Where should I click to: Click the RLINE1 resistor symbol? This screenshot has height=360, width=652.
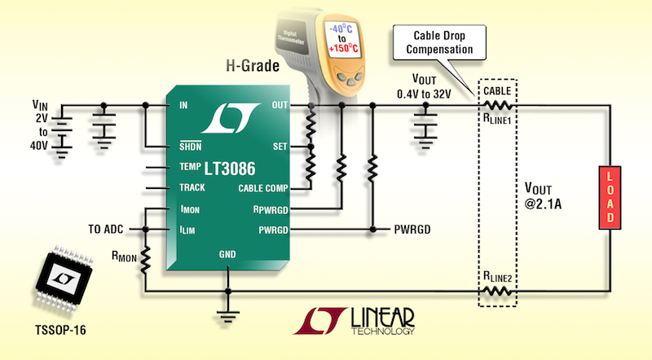pyautogui.click(x=496, y=106)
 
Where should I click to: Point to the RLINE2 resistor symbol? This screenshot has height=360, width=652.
pyautogui.click(x=496, y=291)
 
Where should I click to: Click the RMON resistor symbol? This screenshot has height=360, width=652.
pyautogui.click(x=145, y=260)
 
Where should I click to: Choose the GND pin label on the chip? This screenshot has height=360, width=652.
pyautogui.click(x=229, y=254)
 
